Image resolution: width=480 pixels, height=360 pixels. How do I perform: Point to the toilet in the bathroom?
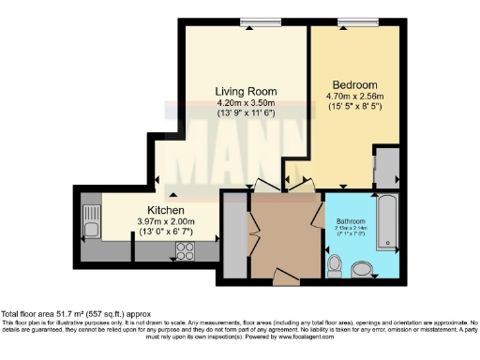[x=335, y=266]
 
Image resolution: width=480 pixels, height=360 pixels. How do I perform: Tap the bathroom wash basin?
[x=362, y=272]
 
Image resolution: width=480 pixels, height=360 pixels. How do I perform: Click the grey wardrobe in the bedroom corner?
[x=385, y=170]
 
